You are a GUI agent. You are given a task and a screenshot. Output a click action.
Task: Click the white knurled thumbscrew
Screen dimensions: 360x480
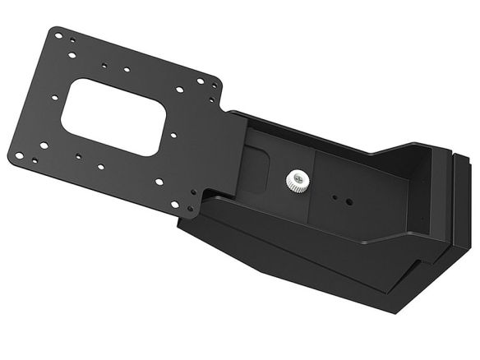pos(296,178)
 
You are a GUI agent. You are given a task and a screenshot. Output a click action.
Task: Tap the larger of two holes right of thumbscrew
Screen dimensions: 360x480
pos(349,200)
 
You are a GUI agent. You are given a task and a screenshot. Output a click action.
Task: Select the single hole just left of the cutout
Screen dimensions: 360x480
pos(54,97)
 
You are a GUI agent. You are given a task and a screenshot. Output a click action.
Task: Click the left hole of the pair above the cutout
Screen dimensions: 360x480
pos(104,66)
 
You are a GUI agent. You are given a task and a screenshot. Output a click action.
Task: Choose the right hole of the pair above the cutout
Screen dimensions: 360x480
pos(128,71)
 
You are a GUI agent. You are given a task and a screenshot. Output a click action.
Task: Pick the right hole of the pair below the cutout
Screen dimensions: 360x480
pos(100,166)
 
